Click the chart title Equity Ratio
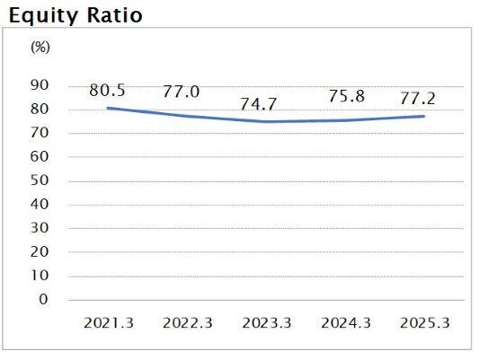pos(75,16)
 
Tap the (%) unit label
pos(40,48)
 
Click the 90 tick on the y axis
pos(40,86)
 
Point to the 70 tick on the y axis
pos(40,133)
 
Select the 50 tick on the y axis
pos(40,180)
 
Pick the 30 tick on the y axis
pos(40,228)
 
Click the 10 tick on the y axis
pos(40,276)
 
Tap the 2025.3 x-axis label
pos(423,322)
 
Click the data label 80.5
pos(107,90)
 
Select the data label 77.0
pos(182,92)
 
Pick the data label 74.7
pos(262,104)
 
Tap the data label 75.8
pos(347,97)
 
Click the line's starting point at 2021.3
pos(107,108)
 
